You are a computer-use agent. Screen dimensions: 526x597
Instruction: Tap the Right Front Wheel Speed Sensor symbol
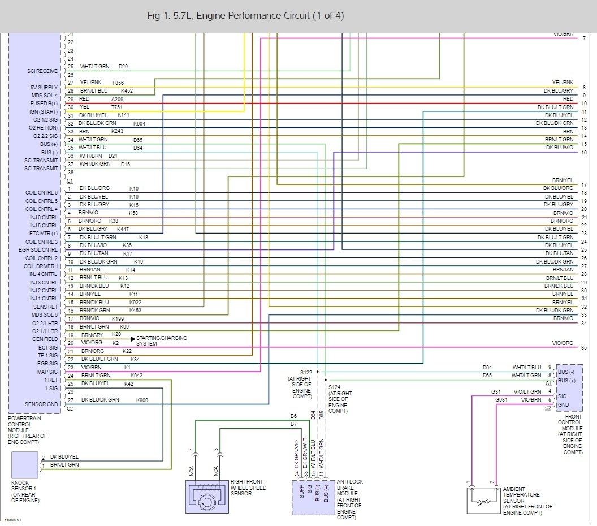pyautogui.click(x=206, y=497)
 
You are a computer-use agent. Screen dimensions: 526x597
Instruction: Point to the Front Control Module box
pyautogui.click(x=569, y=388)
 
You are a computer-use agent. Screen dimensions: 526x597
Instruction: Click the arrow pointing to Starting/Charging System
pyautogui.click(x=133, y=338)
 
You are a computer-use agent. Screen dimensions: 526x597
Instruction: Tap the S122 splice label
pyautogui.click(x=306, y=372)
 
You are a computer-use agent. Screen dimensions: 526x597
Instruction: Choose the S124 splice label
pyautogui.click(x=335, y=387)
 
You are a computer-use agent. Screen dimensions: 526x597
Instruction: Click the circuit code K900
pyautogui.click(x=142, y=400)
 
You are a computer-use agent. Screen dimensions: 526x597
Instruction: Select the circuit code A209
pyautogui.click(x=118, y=99)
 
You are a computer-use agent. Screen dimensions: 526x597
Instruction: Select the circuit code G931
pyautogui.click(x=501, y=400)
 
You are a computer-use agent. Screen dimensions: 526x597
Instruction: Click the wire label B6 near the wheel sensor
pyautogui.click(x=293, y=416)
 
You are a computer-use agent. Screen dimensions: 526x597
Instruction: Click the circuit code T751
pyautogui.click(x=117, y=107)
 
